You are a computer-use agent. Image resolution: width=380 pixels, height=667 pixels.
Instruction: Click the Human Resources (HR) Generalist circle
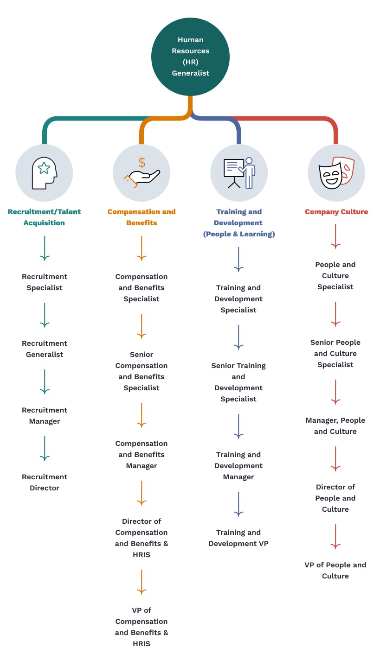coord(190,57)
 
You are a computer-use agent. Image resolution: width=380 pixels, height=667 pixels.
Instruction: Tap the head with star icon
coord(45,173)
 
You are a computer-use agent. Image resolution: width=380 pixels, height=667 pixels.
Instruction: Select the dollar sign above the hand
coord(142,162)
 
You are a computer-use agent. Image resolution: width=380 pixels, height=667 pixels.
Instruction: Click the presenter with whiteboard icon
coord(239,173)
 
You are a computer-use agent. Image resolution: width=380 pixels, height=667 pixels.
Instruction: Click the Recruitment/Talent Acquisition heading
coord(44,217)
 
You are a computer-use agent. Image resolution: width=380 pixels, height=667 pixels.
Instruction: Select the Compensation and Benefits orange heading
coord(142,217)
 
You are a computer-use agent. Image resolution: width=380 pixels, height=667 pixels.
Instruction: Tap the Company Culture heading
coord(336,212)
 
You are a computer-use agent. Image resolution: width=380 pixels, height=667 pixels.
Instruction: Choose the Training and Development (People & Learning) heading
coord(239,223)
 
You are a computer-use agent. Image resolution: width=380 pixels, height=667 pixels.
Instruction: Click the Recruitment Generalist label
coord(45,349)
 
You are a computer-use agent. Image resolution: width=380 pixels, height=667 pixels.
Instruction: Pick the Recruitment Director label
coord(45,482)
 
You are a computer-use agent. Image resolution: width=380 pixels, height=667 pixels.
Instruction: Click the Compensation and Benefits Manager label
coord(141,454)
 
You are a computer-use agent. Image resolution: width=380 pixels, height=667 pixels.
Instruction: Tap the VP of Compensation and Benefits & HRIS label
coord(141,627)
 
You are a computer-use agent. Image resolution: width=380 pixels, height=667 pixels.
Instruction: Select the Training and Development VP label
coord(238,538)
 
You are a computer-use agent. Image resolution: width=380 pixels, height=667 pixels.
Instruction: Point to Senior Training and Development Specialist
coord(238,382)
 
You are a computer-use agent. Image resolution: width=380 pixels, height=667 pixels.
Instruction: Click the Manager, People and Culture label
coord(335,426)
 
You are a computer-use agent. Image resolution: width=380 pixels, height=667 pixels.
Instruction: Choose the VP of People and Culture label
coord(335,570)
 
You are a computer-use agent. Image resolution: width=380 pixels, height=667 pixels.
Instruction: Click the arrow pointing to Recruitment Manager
coord(45,382)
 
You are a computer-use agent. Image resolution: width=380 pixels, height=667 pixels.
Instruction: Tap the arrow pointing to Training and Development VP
coord(238,504)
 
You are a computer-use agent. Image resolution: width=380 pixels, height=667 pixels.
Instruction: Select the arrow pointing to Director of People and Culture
coord(335,458)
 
